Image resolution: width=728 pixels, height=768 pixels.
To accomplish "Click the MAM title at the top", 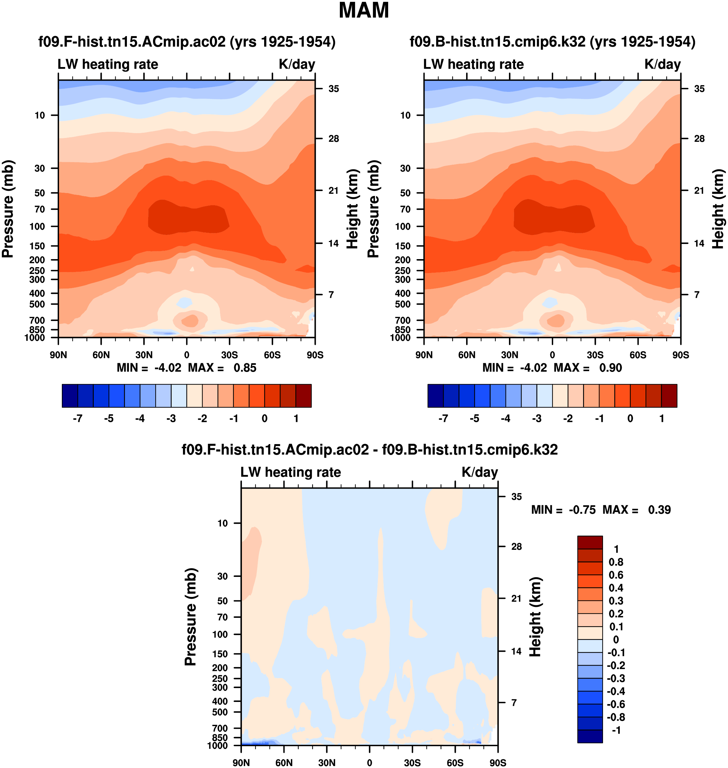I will coord(364,11).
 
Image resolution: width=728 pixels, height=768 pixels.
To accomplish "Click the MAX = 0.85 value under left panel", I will coord(222,368).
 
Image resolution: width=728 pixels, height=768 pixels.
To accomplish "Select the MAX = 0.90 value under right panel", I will coord(588,368).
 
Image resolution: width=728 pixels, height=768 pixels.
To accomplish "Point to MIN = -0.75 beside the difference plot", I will coord(563,510).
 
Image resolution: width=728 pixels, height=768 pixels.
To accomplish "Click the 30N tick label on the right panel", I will coord(510,355).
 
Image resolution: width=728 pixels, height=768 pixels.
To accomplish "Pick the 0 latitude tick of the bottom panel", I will coord(369,763).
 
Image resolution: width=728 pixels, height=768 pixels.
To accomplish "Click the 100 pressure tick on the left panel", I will coord(37,226).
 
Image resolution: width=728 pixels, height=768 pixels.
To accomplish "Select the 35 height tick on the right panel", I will coord(699,89).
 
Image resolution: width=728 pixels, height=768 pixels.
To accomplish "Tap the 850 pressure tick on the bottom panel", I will coord(220,737).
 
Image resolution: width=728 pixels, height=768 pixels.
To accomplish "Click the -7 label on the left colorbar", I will coord(78,419).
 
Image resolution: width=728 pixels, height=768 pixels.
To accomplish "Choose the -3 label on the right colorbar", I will coord(537,419).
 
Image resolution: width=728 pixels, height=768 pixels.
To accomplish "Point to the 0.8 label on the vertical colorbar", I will coord(616,562).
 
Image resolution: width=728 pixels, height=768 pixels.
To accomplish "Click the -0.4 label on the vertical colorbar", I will coord(616,691).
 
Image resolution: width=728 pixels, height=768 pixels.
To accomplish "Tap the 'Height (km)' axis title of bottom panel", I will coord(535,617).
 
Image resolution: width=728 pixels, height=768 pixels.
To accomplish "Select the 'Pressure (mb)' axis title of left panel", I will coord(8,209).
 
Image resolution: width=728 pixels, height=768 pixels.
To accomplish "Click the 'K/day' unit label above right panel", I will coord(662,64).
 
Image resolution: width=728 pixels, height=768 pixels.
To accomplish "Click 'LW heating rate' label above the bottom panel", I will coord(291,472).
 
